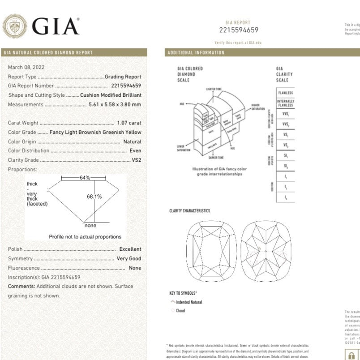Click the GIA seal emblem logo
click(15, 26)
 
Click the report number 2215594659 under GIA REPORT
click(238, 30)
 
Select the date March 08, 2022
click(26, 67)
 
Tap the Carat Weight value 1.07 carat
click(129, 123)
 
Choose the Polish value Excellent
click(130, 249)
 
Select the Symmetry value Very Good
click(129, 258)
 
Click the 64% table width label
click(85, 178)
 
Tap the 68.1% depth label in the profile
click(94, 196)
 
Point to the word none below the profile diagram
click(90, 226)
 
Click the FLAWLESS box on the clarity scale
click(286, 93)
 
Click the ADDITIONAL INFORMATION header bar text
click(196, 53)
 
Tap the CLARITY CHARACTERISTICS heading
click(189, 211)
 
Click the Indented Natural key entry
click(189, 302)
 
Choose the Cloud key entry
click(180, 310)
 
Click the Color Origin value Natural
click(132, 141)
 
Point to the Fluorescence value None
click(135, 268)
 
